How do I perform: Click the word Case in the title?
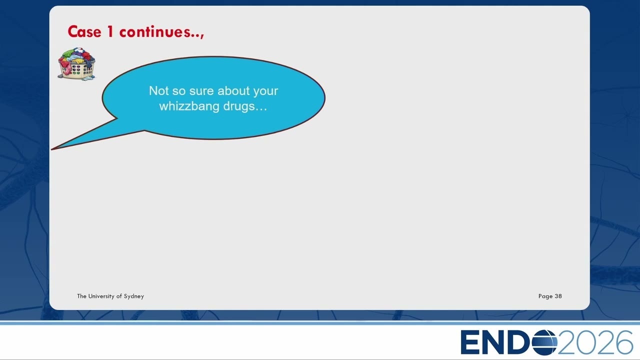point(84,31)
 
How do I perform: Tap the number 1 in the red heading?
point(110,31)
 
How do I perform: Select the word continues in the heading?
point(154,31)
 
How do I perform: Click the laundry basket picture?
point(76,64)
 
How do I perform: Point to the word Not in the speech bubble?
point(158,91)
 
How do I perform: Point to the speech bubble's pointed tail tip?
point(51,149)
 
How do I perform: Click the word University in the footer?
point(101,296)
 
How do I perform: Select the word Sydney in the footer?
point(133,296)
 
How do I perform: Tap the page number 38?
point(558,296)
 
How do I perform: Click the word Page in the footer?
point(545,296)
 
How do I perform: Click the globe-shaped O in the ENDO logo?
point(544,342)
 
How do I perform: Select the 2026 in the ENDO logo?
point(595,342)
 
